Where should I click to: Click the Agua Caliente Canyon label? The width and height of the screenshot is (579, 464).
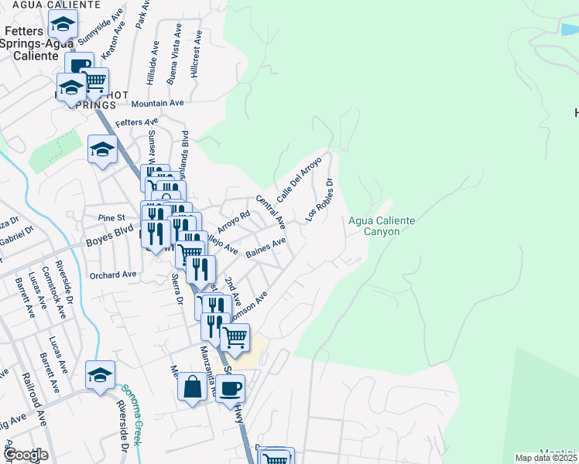tap(381, 226)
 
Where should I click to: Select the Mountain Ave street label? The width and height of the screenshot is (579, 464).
tap(157, 103)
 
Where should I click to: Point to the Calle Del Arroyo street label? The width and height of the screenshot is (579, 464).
tap(299, 180)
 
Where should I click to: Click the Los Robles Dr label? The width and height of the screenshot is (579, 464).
tap(319, 201)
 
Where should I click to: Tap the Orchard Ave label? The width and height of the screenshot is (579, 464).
tap(112, 275)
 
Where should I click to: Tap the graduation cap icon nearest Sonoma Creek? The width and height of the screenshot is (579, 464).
tap(100, 376)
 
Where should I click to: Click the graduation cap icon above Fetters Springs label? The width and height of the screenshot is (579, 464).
tap(63, 24)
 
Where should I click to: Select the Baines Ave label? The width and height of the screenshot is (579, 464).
tap(266, 247)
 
